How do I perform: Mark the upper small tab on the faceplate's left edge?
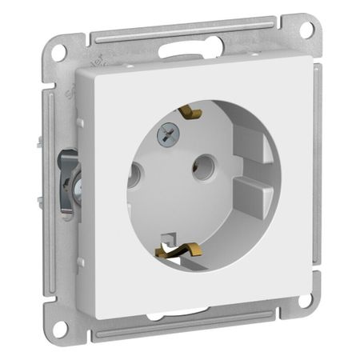[x=80, y=120]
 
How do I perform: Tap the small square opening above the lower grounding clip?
[x=169, y=238]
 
